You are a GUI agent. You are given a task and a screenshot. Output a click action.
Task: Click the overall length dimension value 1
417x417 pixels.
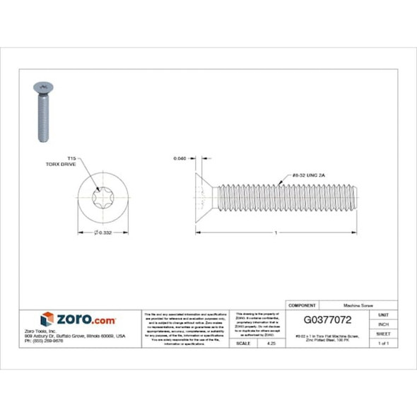pos(275,233)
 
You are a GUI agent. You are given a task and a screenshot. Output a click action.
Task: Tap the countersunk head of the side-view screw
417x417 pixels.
pos(205,192)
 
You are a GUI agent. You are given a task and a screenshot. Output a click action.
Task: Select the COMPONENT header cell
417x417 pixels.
pos(302,305)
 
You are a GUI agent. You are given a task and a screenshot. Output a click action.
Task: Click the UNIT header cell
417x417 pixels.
pos(384,314)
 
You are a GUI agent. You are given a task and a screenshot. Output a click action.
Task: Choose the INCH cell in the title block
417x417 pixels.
pos(384,324)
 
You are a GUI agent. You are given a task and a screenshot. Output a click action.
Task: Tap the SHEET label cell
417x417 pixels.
pos(384,334)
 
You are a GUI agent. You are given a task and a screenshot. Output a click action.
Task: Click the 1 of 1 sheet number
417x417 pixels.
pos(384,343)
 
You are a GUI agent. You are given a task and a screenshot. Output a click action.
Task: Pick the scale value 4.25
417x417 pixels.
pos(270,343)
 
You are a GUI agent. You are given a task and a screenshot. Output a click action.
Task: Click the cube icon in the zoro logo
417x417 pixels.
pos(47,319)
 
